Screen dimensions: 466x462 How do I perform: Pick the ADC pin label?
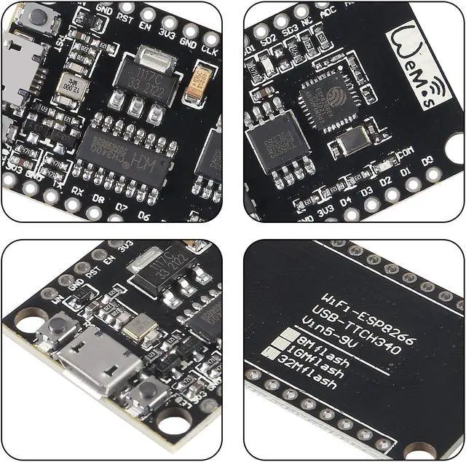[328, 10]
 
